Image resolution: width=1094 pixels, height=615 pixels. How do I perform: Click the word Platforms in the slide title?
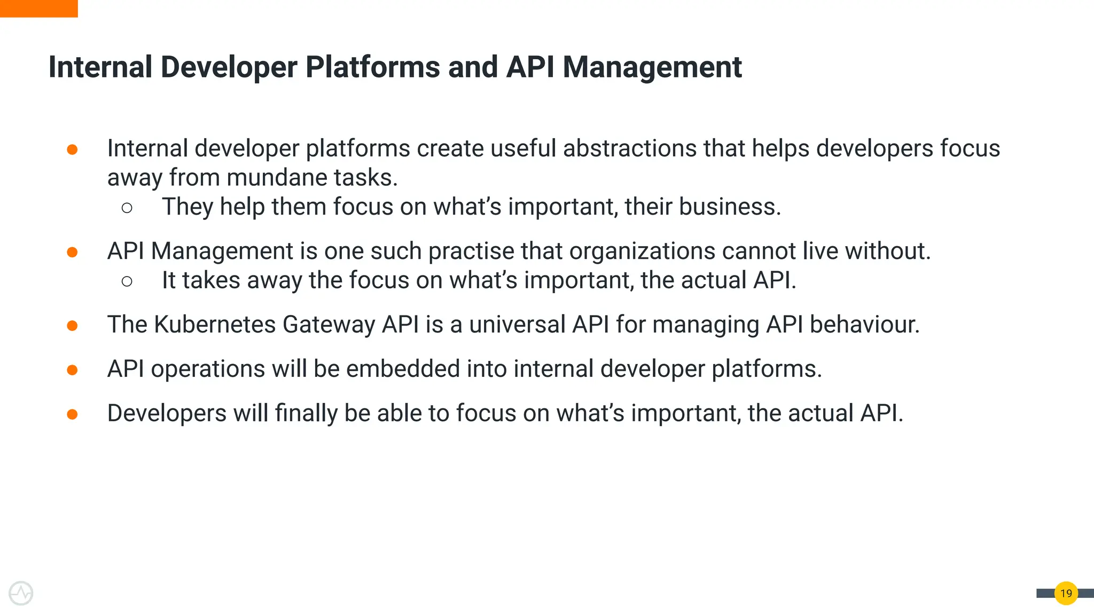coord(372,67)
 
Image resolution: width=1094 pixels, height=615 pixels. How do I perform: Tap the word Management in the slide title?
coord(652,67)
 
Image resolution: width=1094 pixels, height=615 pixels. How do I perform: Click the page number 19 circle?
coord(1066,593)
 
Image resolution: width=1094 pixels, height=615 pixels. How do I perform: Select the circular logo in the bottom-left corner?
coord(21,593)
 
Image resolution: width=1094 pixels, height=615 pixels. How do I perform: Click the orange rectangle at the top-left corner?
coord(38,8)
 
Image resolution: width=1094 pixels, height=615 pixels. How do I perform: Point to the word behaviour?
coord(864,325)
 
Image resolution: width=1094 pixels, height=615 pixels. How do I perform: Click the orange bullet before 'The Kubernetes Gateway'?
coord(72,326)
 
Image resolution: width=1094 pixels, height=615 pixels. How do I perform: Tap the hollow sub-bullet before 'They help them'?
coord(127,208)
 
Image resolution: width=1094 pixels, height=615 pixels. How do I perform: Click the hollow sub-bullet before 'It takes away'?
coord(127,281)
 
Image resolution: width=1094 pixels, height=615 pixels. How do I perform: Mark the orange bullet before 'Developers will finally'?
coord(72,414)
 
